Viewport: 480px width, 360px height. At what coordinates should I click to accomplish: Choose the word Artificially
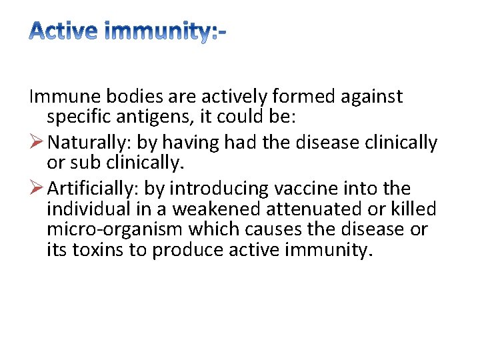pos(94,189)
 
